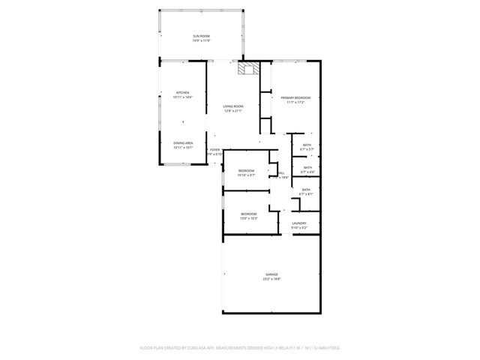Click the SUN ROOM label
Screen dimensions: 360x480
coord(200,36)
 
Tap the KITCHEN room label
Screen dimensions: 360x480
coord(183,93)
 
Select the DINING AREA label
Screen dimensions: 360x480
coord(183,142)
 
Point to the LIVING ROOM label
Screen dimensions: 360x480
coord(232,106)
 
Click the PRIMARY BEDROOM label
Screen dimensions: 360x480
coord(295,97)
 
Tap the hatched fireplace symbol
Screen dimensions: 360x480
coord(247,69)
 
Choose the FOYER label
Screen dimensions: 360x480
coord(214,150)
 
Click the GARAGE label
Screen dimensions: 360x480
coord(271,274)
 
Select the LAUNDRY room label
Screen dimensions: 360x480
coord(299,223)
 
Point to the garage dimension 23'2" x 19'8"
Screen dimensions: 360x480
coord(271,279)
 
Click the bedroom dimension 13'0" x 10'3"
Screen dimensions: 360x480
coord(249,218)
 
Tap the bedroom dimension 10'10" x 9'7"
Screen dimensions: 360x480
coord(247,175)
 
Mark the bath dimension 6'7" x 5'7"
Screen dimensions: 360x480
coord(307,149)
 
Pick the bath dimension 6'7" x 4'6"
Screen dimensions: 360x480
coord(306,172)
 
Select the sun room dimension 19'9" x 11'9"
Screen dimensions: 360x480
coord(200,40)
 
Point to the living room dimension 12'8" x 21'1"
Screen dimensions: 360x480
coord(232,111)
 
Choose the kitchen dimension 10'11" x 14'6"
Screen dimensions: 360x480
coord(183,97)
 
